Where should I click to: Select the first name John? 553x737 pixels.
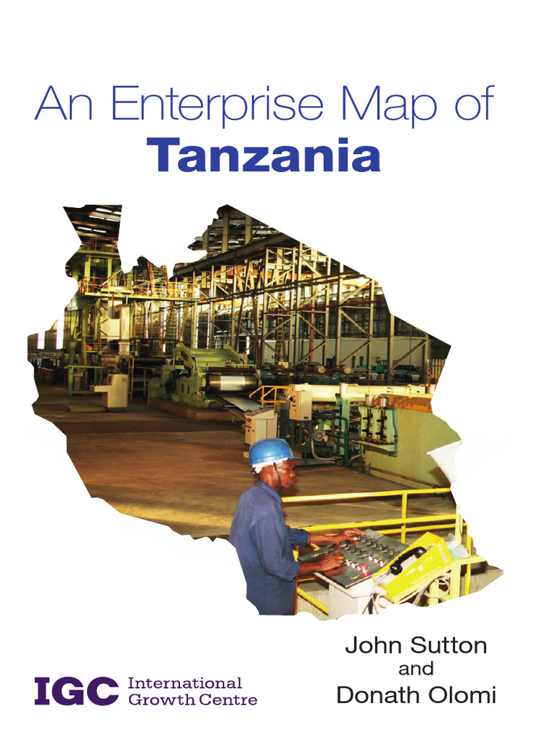369,645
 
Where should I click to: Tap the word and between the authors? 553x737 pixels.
415,669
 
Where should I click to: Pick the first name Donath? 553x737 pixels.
377,695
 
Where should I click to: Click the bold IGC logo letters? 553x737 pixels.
76,692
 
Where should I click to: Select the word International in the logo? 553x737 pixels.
184,683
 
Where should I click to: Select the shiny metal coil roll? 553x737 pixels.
232,381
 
